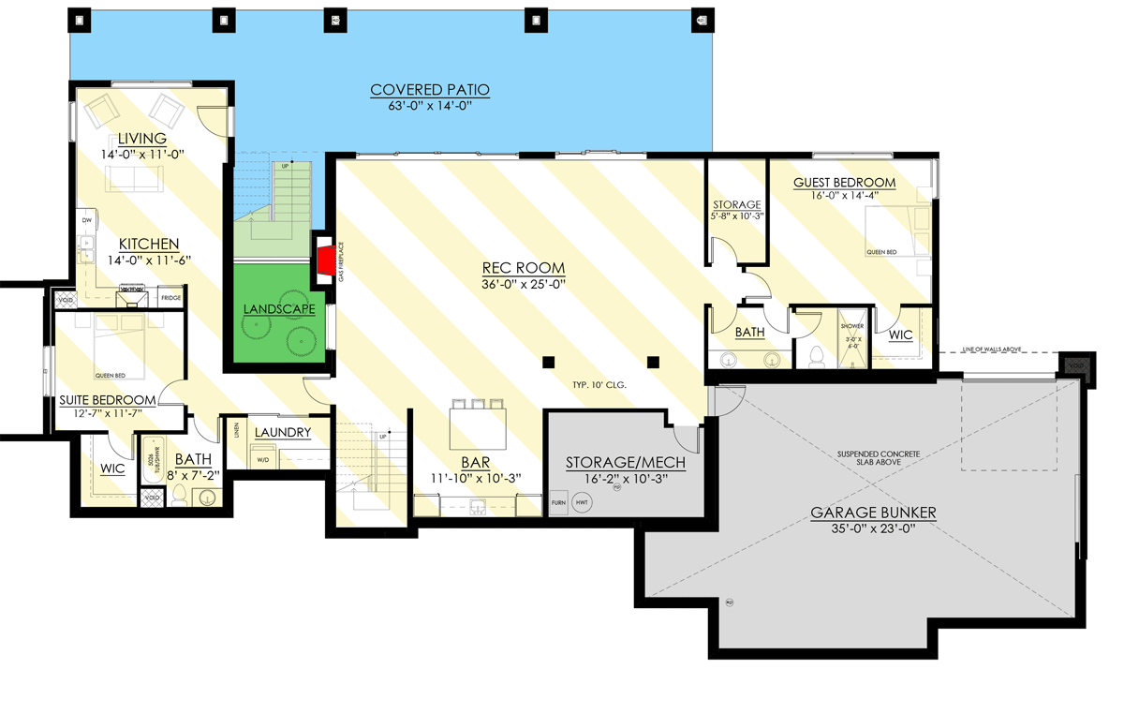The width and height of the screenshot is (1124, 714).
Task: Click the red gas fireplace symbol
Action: [x=324, y=261]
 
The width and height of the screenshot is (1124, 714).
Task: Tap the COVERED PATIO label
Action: [x=430, y=90]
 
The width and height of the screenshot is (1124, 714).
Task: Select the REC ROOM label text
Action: [x=524, y=267]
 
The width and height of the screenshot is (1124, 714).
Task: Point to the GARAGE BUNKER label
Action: [x=873, y=513]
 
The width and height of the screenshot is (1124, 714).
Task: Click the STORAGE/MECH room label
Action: [x=626, y=463]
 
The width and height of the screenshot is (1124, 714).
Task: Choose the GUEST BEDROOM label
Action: [x=844, y=183]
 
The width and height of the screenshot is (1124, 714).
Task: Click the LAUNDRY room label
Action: [x=282, y=432]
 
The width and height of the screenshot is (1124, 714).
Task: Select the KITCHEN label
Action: [x=143, y=245]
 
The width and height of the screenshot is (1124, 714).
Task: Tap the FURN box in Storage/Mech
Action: [x=558, y=503]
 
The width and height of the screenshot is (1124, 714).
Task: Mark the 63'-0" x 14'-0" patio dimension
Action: [x=430, y=106]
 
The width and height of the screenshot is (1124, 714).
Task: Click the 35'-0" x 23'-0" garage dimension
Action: [x=873, y=528]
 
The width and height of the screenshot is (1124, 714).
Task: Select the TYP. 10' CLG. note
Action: [x=599, y=385]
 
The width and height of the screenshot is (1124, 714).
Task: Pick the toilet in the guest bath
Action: [x=813, y=354]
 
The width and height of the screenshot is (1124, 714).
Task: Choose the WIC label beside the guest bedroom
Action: [x=900, y=335]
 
